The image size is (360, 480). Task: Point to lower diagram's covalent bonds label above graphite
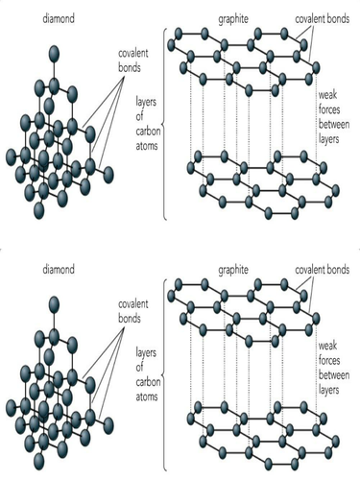(x=321, y=272)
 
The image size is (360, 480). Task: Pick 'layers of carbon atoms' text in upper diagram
(x=146, y=118)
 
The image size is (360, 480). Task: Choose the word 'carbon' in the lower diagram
(x=146, y=379)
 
